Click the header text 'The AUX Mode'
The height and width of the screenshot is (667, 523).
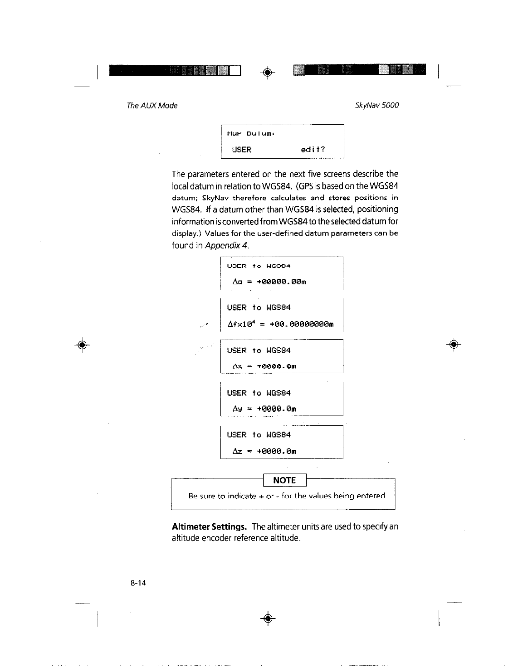coord(152,106)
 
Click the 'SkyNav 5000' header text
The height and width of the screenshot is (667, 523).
coord(377,106)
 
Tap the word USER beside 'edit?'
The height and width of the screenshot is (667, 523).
coord(241,150)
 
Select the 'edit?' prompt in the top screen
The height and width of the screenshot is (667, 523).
coord(313,150)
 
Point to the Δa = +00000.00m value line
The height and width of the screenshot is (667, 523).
coord(269,282)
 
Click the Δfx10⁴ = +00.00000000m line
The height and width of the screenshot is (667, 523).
coord(280,324)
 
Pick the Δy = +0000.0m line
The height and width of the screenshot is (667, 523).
coord(264,409)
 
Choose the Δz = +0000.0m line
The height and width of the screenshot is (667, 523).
coord(264,451)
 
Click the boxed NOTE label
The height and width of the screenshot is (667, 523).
coord(284,480)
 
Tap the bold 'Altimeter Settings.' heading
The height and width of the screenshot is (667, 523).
coord(209,527)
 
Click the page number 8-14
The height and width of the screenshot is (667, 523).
coord(137,583)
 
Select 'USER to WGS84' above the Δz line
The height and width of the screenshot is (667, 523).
coord(259,435)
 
